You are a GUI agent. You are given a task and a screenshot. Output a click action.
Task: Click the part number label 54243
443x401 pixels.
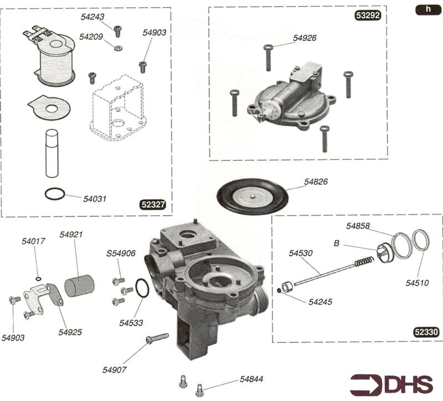[x=91, y=17]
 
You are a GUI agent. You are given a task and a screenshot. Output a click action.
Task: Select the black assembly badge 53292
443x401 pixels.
[x=367, y=16]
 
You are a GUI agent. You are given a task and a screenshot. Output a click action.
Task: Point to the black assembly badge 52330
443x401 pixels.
[x=426, y=332]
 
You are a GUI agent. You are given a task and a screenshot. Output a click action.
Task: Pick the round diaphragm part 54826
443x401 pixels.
[x=253, y=194]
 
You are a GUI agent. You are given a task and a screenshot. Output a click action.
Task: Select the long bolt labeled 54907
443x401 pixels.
[x=157, y=338]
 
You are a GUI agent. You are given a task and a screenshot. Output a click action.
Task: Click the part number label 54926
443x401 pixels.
[x=305, y=38]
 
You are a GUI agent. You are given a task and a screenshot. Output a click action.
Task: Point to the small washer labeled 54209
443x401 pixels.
[x=117, y=48]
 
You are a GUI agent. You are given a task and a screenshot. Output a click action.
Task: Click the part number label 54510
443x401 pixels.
[x=417, y=283]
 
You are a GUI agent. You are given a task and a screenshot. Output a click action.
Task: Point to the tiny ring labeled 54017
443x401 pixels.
[x=37, y=263]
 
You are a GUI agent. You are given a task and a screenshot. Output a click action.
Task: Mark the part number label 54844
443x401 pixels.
[x=251, y=379]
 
